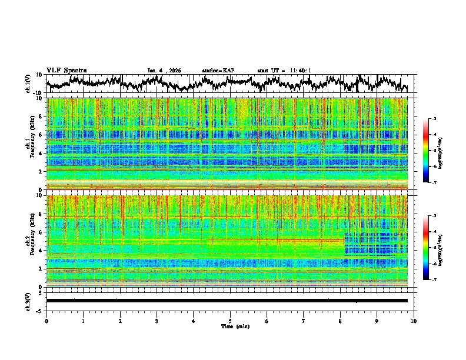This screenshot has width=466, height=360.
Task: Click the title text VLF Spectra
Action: tap(66, 70)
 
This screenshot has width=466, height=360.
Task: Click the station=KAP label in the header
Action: tap(218, 71)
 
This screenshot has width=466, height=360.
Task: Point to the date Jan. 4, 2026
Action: tap(164, 71)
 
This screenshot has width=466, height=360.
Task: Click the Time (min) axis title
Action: tap(230, 326)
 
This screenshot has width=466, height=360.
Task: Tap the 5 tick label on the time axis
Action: tap(230, 321)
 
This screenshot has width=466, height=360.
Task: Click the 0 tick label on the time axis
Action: tap(46, 321)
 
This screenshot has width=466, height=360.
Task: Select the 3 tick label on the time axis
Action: tap(157, 321)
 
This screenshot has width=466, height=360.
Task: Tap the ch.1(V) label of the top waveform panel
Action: tap(28, 84)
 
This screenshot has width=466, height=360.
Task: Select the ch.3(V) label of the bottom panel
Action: tap(28, 301)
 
